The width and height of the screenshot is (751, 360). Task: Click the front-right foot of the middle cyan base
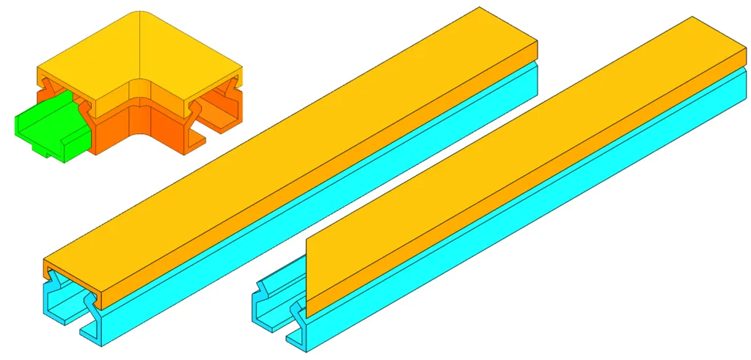click(91, 337)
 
